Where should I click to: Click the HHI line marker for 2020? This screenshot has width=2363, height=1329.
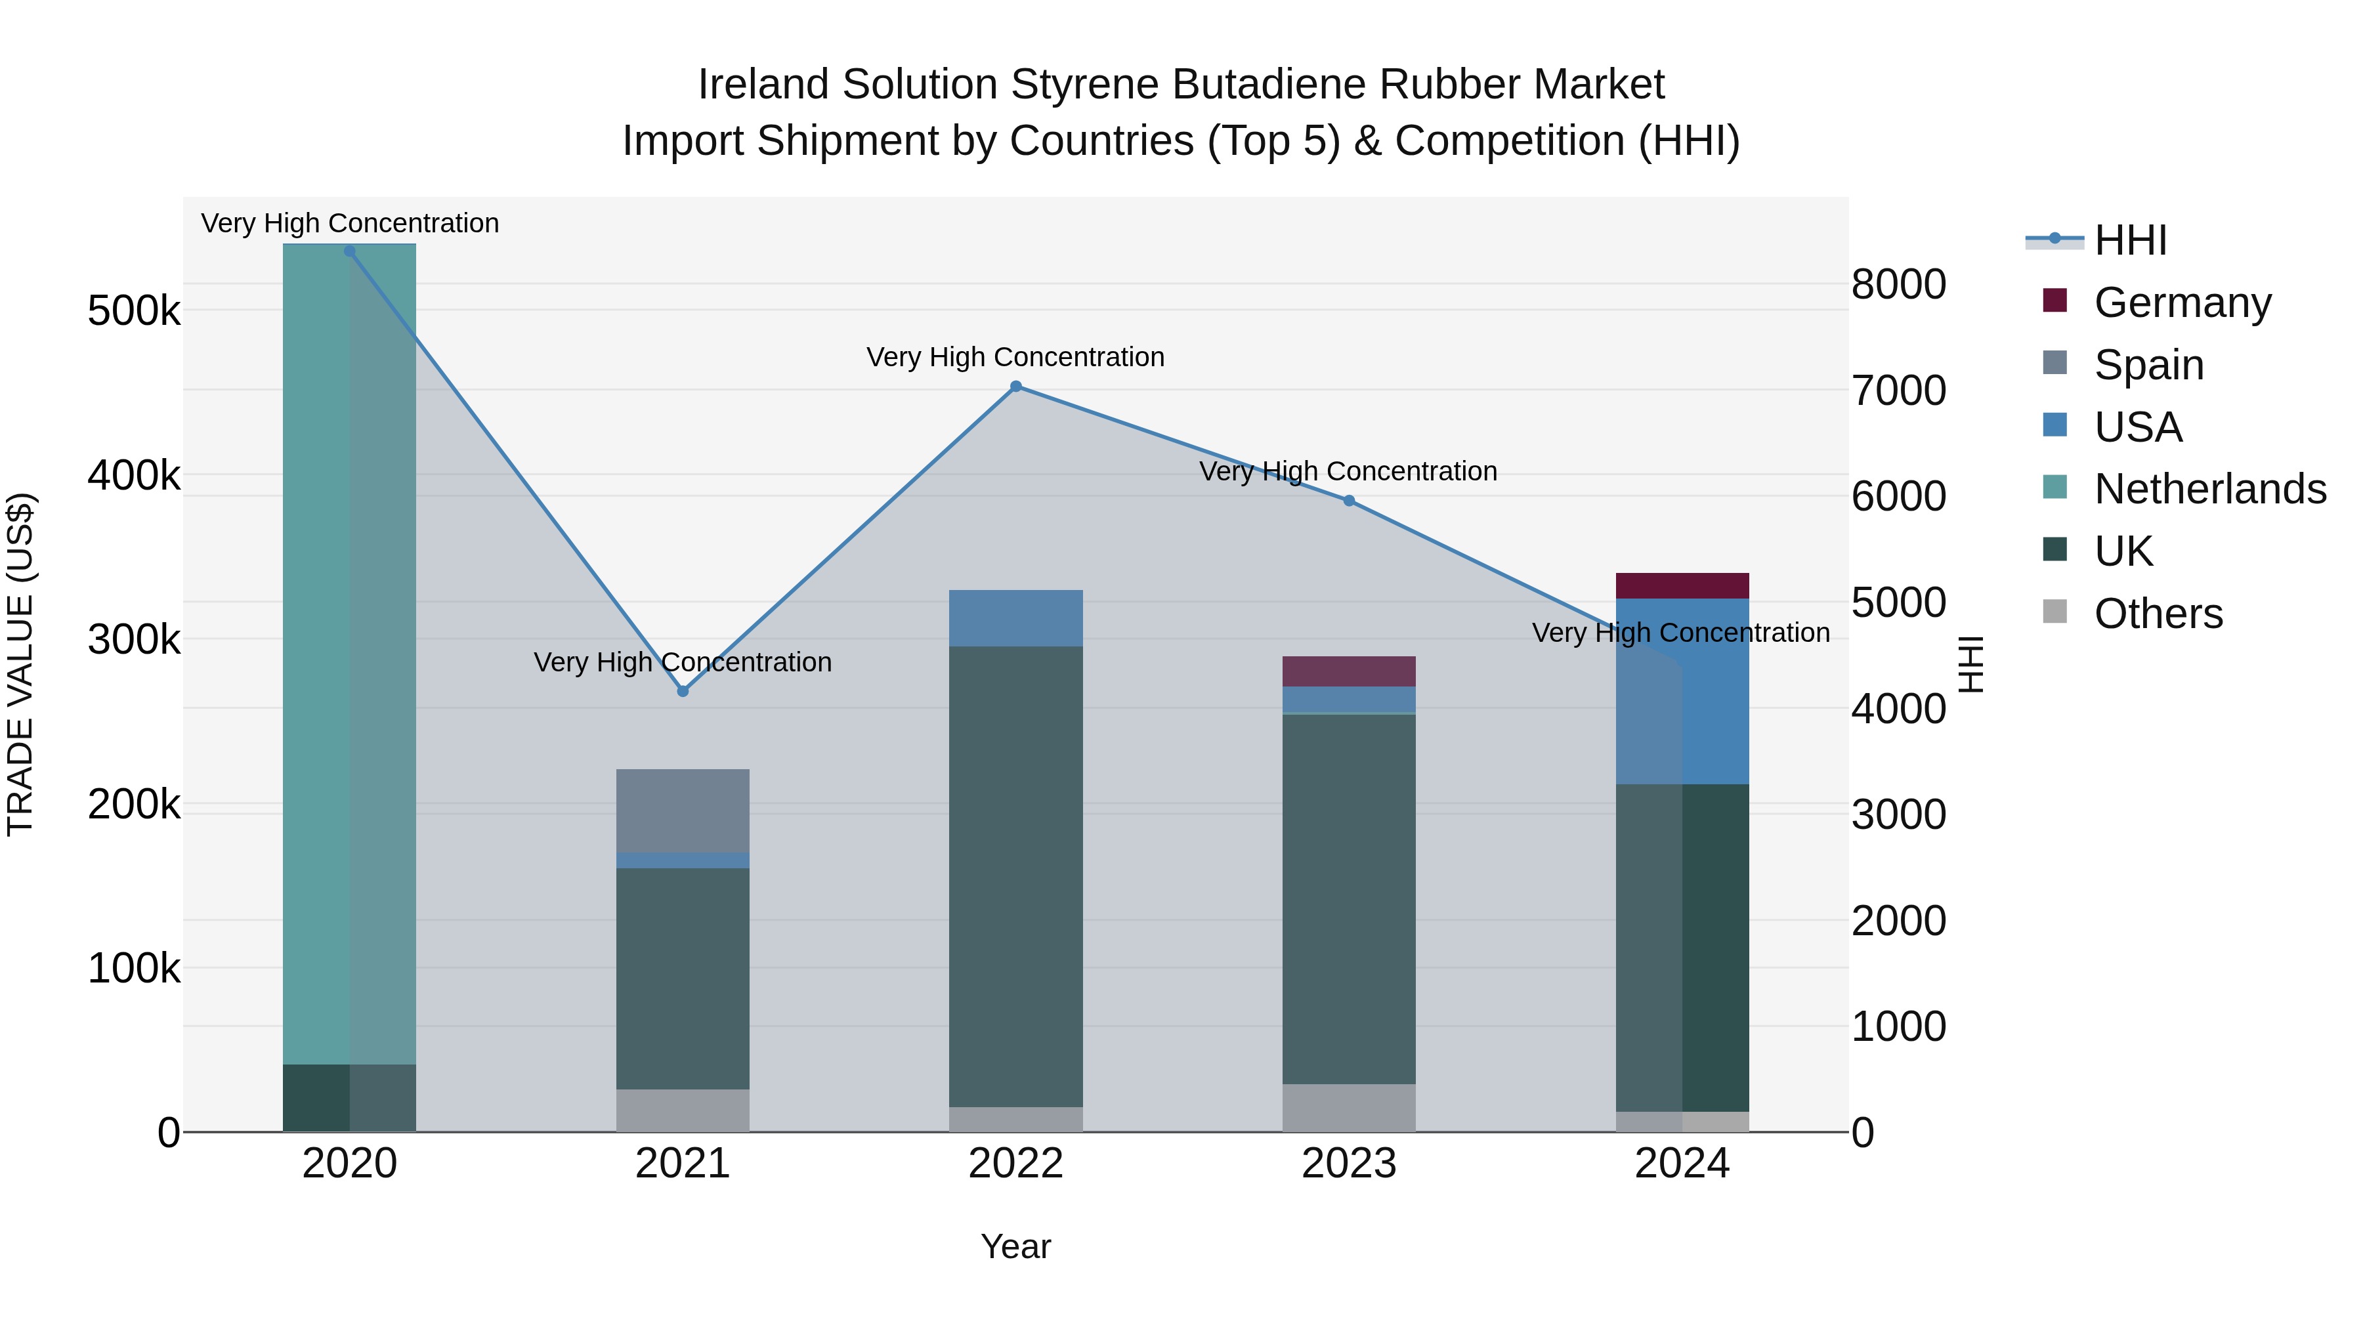click(x=349, y=251)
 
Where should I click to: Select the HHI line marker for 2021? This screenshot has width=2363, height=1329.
click(x=683, y=690)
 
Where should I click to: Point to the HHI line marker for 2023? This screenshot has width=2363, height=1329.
click(x=1348, y=501)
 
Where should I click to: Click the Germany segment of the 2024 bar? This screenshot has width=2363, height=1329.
click(x=1682, y=586)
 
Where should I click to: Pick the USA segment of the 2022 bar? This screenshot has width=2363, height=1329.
click(x=1015, y=618)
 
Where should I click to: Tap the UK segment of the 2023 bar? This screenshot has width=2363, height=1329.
click(x=1348, y=899)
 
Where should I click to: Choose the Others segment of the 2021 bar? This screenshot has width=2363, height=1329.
click(x=683, y=1110)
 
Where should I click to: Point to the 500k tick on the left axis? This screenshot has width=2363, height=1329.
click(x=134, y=312)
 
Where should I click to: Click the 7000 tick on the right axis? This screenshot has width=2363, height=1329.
click(x=1898, y=390)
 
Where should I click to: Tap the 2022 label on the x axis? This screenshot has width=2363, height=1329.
click(x=1015, y=1164)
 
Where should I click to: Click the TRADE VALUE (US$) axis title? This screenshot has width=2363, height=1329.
click(x=20, y=664)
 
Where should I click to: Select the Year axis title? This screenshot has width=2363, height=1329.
click(x=1015, y=1246)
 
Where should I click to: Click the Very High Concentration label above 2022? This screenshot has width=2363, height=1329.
click(x=1015, y=357)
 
